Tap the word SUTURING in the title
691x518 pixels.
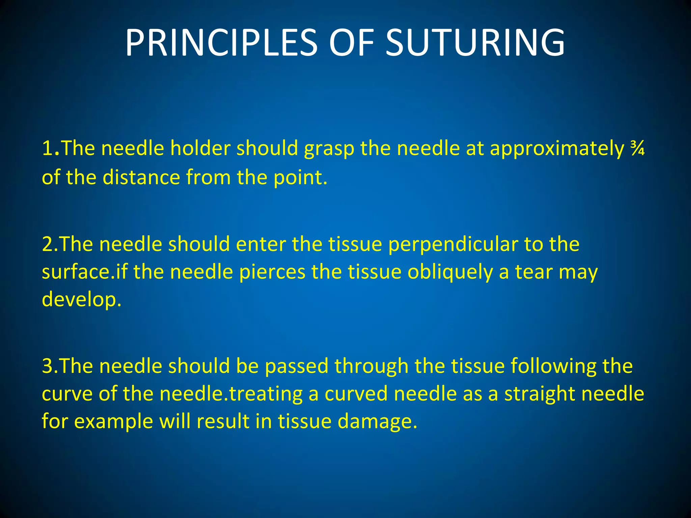tap(475, 43)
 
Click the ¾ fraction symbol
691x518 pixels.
tap(637, 149)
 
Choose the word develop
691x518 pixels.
tap(81, 299)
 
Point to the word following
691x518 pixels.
tap(553, 366)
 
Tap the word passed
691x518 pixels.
tap(297, 366)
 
